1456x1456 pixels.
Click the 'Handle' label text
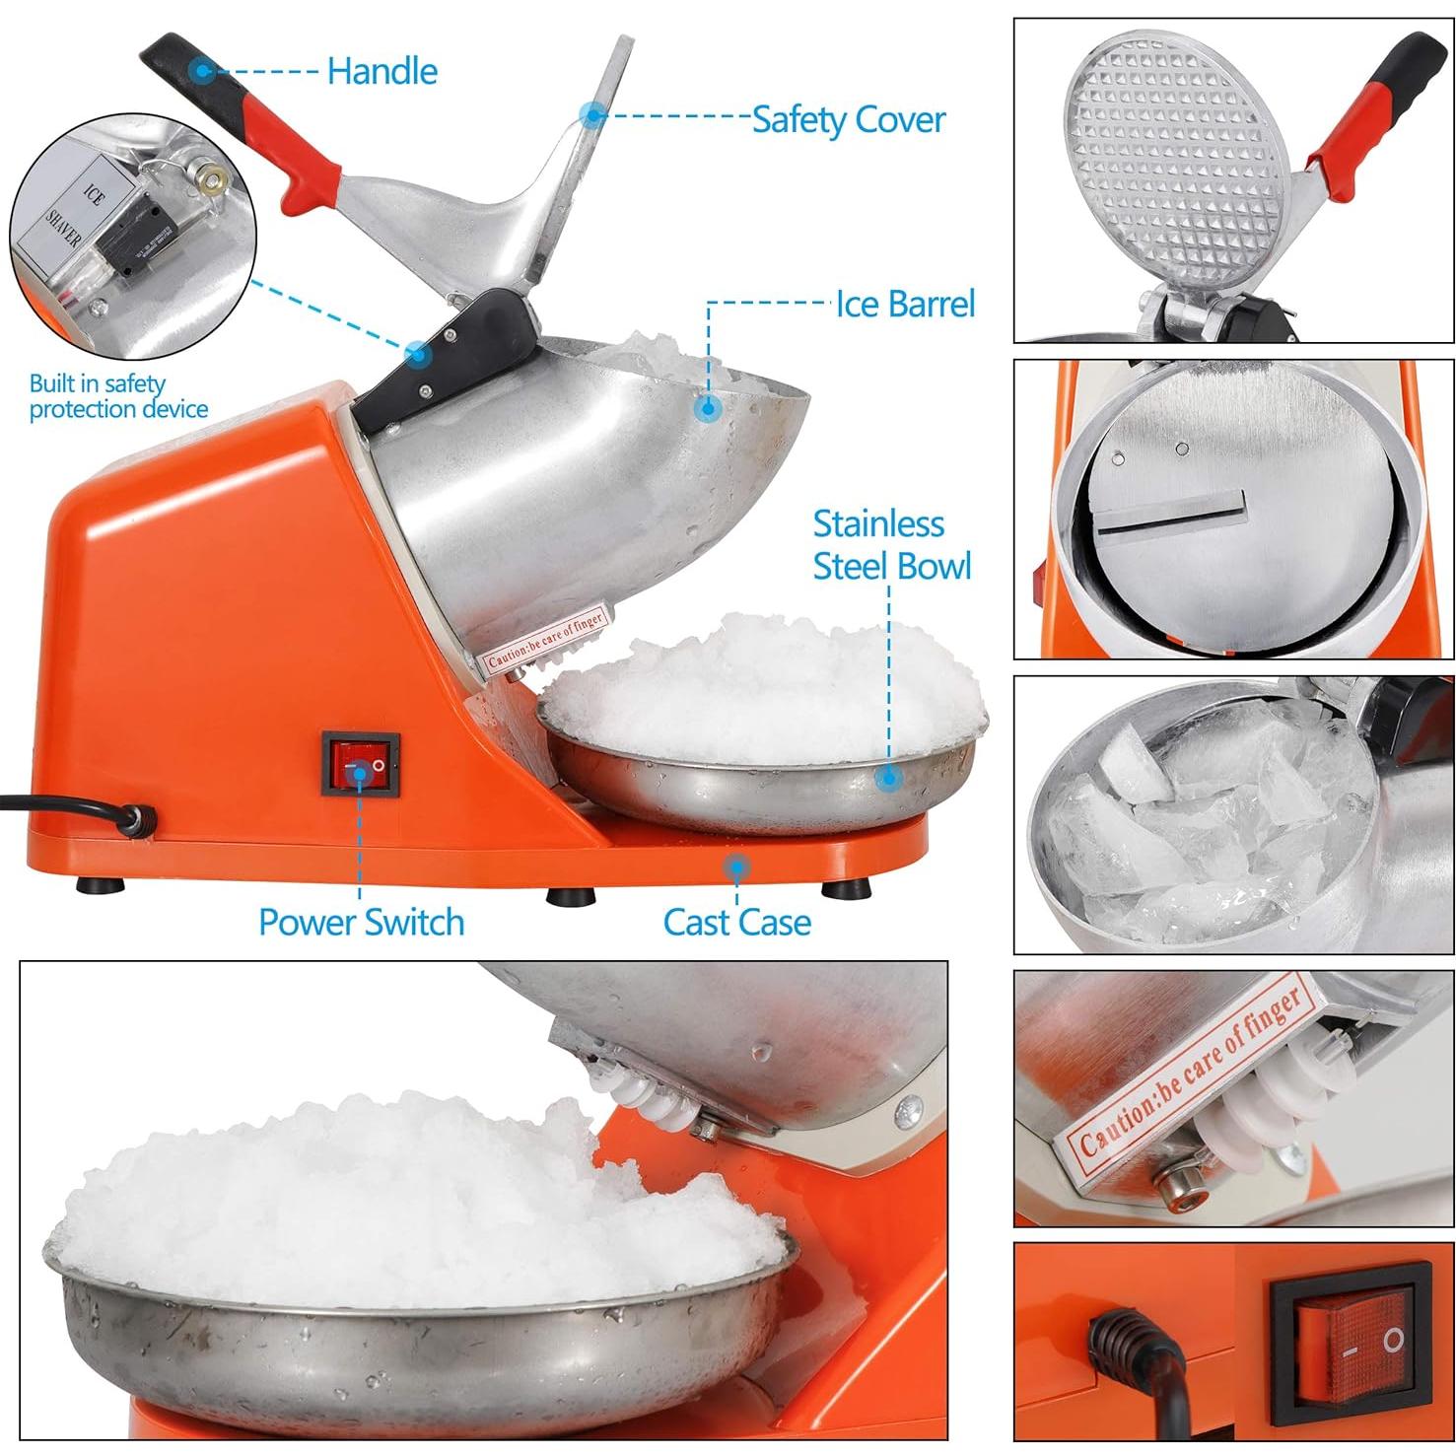tap(381, 71)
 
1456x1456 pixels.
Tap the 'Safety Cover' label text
tap(848, 119)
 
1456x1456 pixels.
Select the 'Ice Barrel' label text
tap(905, 304)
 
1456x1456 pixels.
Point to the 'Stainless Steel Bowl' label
tap(891, 545)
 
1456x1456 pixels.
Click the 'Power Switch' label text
tap(361, 922)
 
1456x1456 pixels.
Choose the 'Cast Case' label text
tap(736, 922)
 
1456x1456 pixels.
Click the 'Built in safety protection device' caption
tap(118, 396)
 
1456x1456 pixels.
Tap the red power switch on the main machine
tap(361, 764)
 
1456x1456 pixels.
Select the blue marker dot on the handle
tap(202, 70)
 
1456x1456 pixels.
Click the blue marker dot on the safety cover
tap(592, 114)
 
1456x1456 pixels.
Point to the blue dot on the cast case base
tap(734, 867)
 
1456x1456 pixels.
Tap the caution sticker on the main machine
tap(544, 642)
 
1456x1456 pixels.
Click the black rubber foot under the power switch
tap(571, 896)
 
